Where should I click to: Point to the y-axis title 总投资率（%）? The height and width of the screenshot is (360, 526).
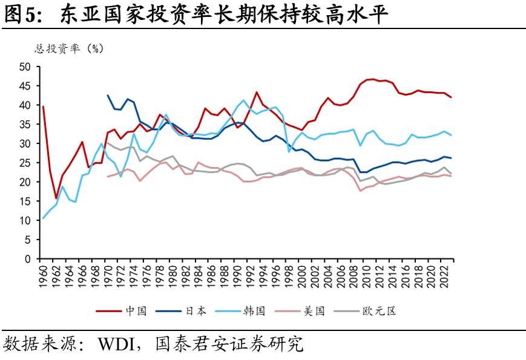69,49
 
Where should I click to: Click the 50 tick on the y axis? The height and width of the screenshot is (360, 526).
25,67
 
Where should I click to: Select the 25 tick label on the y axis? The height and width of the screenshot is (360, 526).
25,163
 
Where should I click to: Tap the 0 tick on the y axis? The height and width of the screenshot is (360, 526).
28,259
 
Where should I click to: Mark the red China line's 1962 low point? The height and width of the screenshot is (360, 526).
56,198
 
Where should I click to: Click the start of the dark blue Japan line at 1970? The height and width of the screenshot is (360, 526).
108,95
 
